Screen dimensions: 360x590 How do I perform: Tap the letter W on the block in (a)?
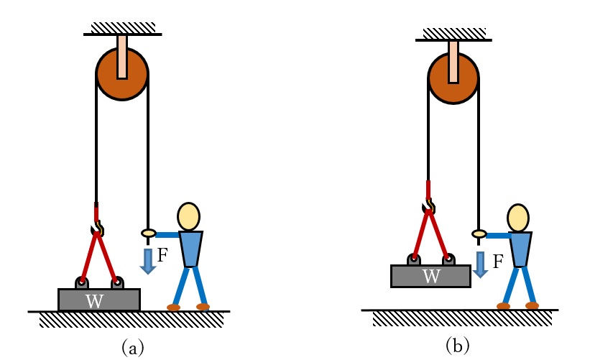pos(94,301)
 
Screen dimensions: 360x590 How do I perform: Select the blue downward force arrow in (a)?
pos(148,260)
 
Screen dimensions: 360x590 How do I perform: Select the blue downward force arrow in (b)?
pos(480,264)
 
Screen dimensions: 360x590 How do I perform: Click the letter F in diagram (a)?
pos(162,254)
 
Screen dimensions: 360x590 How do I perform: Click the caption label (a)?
pos(133,348)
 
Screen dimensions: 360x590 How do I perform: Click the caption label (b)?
pos(458,346)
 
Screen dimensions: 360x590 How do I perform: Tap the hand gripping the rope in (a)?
pos(148,233)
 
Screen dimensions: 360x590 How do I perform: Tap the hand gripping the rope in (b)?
pos(479,234)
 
